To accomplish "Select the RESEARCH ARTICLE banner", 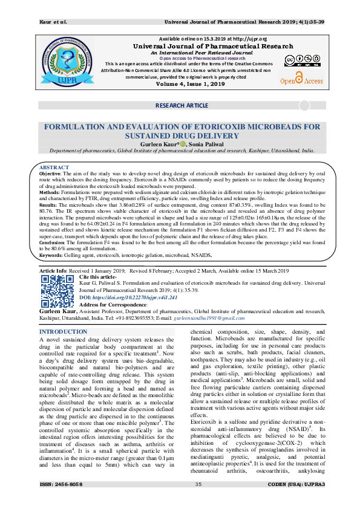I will coord(182,105).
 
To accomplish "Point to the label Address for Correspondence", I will coord(111,304).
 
